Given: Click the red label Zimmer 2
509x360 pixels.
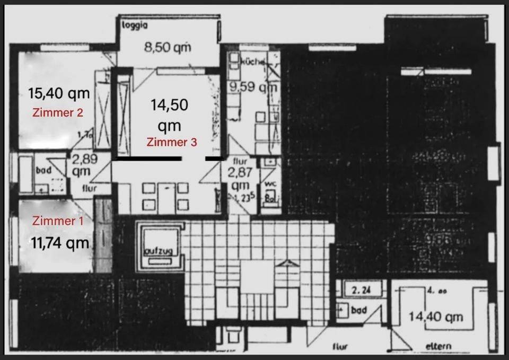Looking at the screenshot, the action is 57,112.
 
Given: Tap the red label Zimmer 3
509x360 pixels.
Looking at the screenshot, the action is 172,142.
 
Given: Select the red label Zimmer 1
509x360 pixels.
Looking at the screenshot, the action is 57,221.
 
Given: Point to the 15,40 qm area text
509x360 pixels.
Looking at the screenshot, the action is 58,94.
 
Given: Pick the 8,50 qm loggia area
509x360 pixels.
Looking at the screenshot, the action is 168,47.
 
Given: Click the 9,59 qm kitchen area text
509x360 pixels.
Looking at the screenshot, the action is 253,86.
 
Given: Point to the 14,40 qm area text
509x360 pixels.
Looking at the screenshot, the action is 436,317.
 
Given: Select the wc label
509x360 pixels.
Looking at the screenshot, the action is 269,185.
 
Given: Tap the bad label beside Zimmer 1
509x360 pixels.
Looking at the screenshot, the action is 43,171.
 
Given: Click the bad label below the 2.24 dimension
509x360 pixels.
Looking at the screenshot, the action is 359,309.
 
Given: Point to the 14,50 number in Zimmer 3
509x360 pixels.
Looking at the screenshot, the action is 169,105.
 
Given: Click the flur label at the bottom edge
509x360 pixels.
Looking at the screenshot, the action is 340,347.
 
